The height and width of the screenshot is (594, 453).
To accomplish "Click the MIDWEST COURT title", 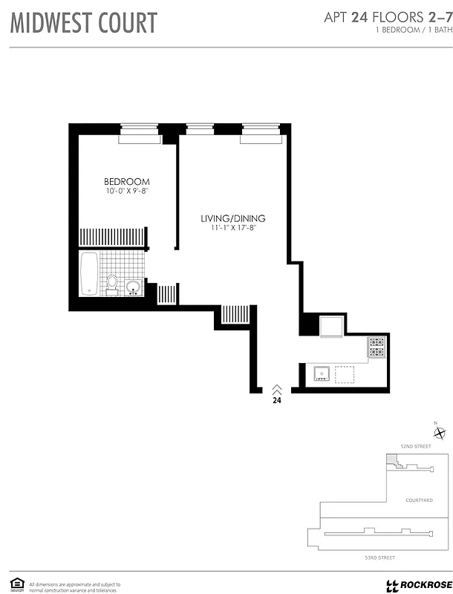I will click(83, 23).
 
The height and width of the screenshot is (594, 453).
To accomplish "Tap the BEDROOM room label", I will click(126, 182).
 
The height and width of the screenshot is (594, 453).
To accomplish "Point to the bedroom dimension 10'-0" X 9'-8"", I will click(126, 192).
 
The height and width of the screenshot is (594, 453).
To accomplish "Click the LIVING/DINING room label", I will click(232, 218).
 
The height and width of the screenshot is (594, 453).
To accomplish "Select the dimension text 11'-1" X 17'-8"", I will click(232, 229).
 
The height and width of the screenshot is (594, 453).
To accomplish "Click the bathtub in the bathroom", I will click(88, 273).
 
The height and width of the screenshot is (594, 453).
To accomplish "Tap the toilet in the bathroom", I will click(112, 284).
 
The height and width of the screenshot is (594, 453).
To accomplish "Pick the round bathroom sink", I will click(134, 287).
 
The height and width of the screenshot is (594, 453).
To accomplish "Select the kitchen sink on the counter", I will click(322, 373).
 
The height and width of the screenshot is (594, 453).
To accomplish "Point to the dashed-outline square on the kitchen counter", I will click(345, 373).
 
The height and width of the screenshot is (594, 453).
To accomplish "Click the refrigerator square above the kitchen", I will click(331, 327).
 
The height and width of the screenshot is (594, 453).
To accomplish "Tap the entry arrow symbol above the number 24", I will click(276, 388).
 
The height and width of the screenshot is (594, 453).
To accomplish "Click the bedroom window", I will click(140, 134).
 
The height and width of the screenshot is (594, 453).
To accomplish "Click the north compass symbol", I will click(440, 434).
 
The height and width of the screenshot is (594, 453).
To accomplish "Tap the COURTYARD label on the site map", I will click(419, 500).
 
